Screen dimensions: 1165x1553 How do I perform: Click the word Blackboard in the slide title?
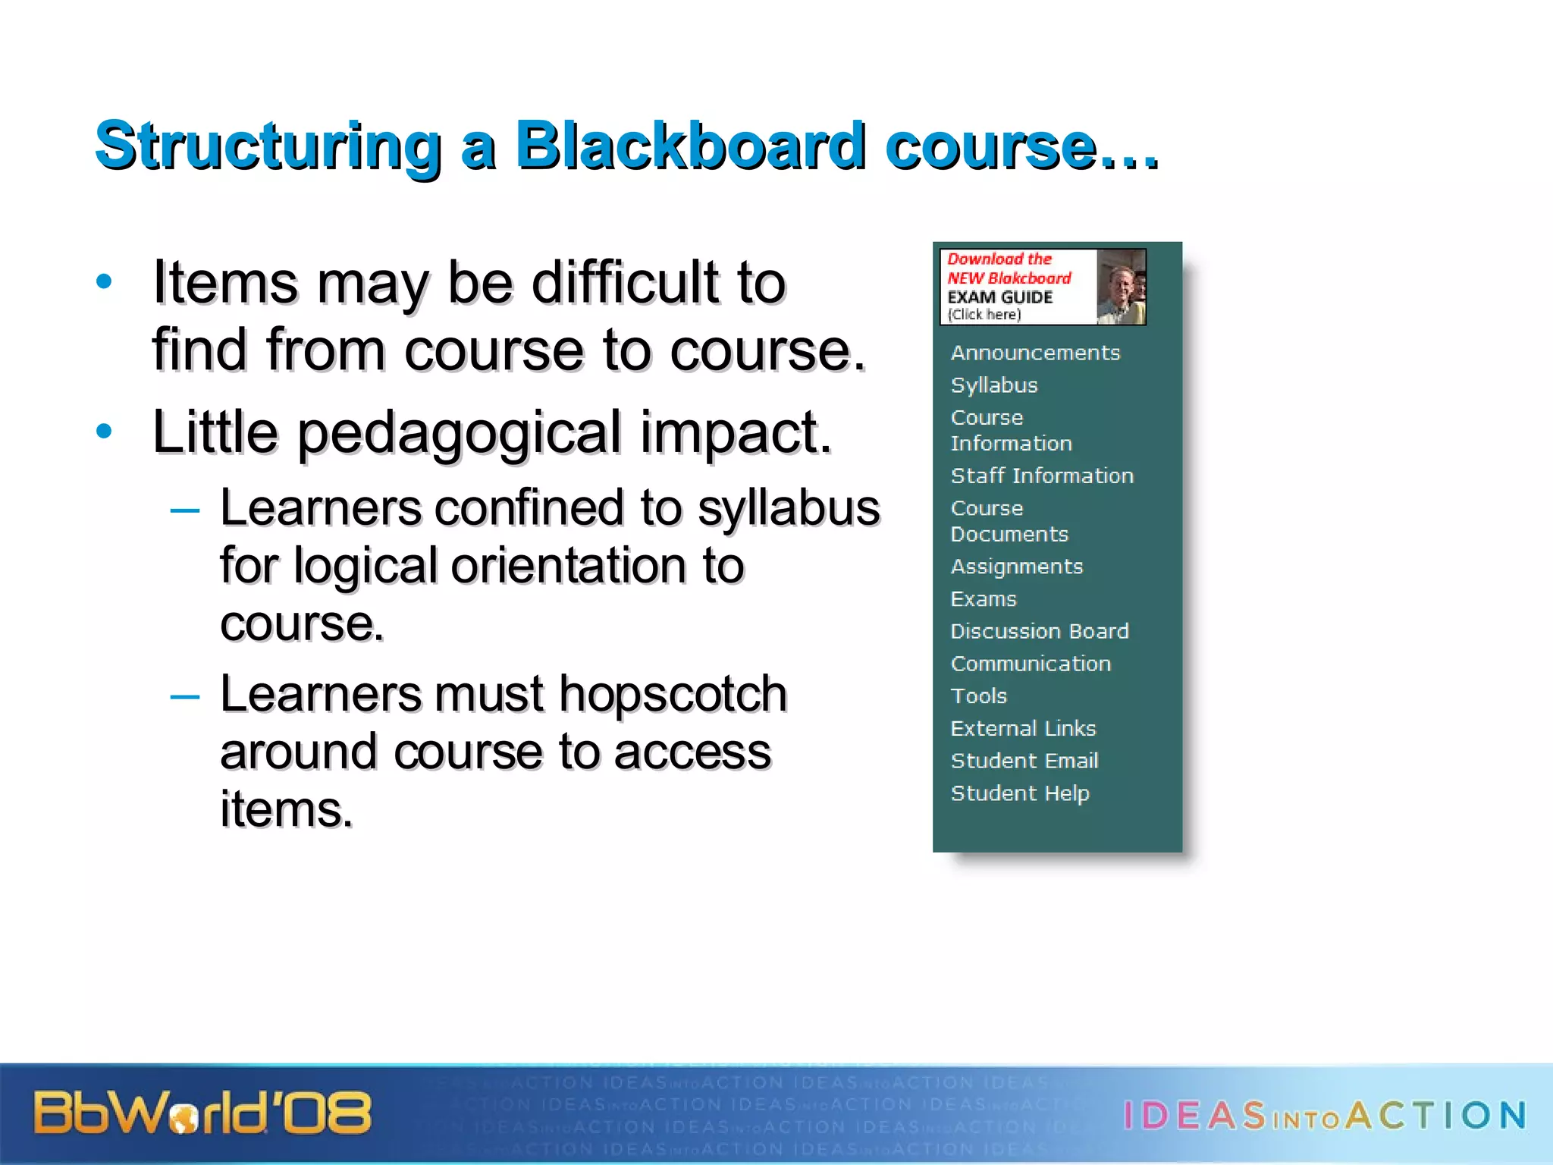tap(690, 146)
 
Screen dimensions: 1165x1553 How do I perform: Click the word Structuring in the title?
tap(268, 147)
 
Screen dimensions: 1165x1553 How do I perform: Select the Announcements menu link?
tap(1035, 353)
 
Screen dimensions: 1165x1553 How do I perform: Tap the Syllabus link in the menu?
tap(994, 385)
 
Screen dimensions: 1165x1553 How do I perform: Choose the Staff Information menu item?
tap(1042, 476)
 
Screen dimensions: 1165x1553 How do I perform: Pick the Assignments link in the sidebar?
tap(1017, 567)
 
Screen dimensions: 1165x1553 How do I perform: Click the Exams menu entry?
tap(984, 599)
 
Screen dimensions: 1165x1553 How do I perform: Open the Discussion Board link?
tap(1040, 631)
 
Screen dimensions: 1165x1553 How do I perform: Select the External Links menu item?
tap(1023, 728)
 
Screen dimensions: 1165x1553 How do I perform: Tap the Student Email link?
tap(1024, 761)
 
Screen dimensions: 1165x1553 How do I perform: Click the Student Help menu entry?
tap(1020, 793)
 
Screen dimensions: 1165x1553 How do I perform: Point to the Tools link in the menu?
tap(979, 696)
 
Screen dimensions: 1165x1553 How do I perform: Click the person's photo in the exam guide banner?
tap(1121, 287)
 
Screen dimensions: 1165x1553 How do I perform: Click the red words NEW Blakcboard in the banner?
tap(1009, 278)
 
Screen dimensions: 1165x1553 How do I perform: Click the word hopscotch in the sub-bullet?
tap(673, 694)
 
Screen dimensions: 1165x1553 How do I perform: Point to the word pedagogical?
tap(460, 433)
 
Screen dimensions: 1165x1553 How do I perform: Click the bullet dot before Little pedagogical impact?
tap(105, 432)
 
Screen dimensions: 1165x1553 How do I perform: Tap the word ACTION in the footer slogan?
tap(1437, 1116)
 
